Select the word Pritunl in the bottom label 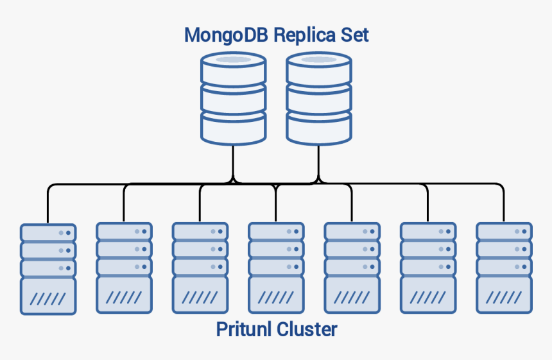point(243,329)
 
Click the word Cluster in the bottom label point(307,329)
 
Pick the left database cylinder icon point(233,98)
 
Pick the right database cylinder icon point(318,98)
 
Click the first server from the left point(48,268)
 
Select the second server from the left point(124,268)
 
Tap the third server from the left point(200,268)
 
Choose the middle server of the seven point(276,268)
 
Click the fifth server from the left point(352,268)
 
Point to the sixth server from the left point(428,268)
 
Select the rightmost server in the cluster point(504,268)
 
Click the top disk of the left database point(233,67)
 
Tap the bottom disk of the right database point(318,126)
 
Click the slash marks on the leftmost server point(48,298)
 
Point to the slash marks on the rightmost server point(504,298)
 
